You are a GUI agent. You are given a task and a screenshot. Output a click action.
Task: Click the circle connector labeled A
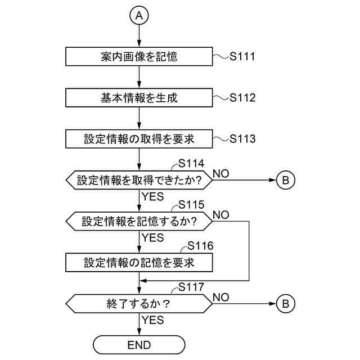point(139,16)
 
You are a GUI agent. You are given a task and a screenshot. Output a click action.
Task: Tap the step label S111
point(242,56)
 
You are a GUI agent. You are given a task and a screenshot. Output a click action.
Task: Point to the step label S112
point(242,97)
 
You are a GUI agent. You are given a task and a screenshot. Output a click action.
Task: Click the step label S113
point(242,138)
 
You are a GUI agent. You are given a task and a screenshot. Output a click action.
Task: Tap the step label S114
point(191,163)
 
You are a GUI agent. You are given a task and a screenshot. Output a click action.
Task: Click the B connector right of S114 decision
point(285,180)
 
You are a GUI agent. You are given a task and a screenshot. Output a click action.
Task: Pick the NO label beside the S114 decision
point(221,173)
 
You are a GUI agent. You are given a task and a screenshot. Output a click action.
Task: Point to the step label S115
point(191,204)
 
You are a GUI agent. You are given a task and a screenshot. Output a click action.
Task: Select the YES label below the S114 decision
point(153,197)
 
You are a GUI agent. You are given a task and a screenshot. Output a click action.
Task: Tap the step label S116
point(200,246)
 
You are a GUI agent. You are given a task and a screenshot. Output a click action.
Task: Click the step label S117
point(191,287)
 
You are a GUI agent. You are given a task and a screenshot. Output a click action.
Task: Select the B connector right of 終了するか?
point(285,304)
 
